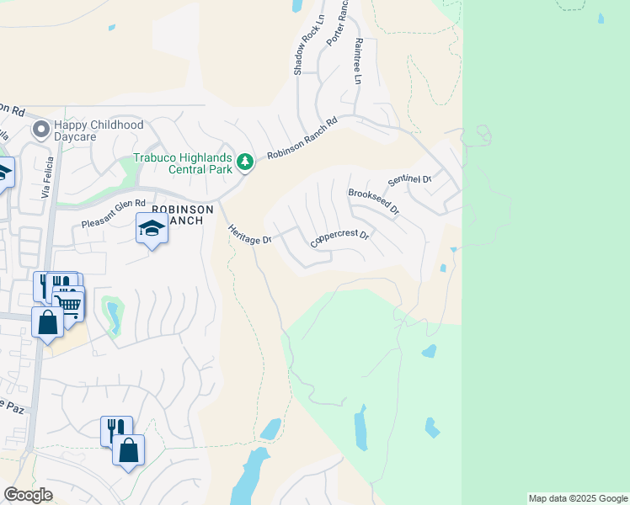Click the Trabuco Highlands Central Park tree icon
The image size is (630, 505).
(245, 161)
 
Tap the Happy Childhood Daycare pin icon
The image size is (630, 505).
(40, 130)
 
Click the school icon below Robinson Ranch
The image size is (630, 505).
(152, 228)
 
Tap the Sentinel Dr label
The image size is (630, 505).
(409, 180)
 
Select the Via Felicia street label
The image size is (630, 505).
(47, 178)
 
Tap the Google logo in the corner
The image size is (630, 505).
(28, 495)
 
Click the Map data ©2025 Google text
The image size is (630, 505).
(578, 498)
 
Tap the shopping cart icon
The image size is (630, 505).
(68, 302)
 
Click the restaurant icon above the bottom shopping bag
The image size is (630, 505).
(116, 429)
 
